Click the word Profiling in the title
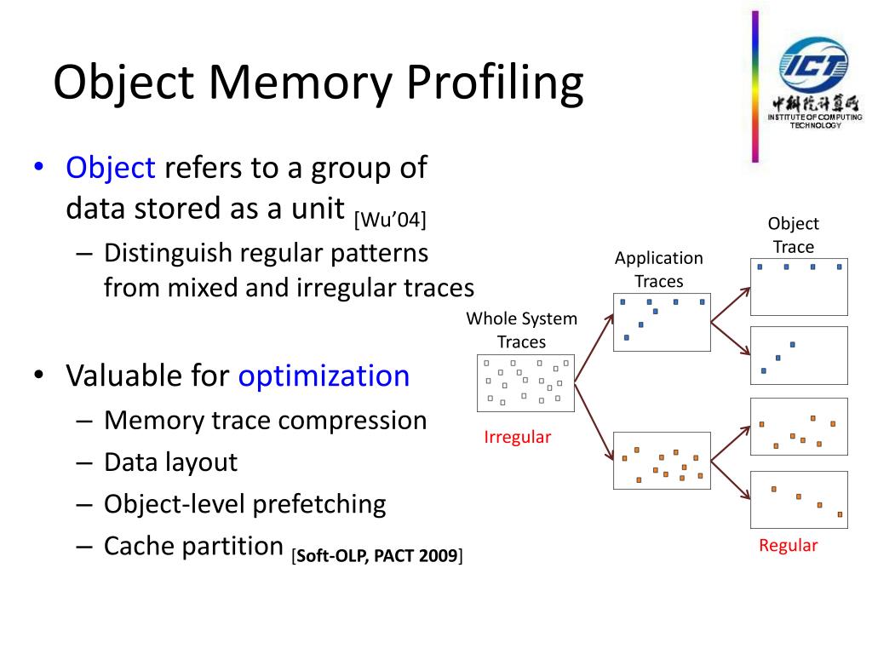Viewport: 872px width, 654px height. click(494, 83)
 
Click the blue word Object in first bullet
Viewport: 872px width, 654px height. click(111, 167)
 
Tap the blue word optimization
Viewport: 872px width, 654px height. click(324, 376)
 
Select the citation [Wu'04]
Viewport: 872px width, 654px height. click(390, 220)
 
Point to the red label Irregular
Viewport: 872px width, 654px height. click(518, 438)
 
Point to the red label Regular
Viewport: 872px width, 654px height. click(788, 546)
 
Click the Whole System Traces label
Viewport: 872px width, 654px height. click(521, 330)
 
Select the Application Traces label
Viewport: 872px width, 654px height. click(659, 269)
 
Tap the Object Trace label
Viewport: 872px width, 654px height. click(793, 235)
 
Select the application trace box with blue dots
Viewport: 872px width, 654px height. click(662, 322)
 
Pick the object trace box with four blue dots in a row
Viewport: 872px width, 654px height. click(799, 286)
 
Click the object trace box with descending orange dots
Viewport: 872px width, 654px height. click(799, 499)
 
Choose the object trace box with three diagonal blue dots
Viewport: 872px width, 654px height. click(799, 354)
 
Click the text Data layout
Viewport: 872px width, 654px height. click(170, 462)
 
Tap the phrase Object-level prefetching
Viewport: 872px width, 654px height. click(245, 504)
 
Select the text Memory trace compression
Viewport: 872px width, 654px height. click(265, 421)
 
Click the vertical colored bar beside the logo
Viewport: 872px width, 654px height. click(754, 85)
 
